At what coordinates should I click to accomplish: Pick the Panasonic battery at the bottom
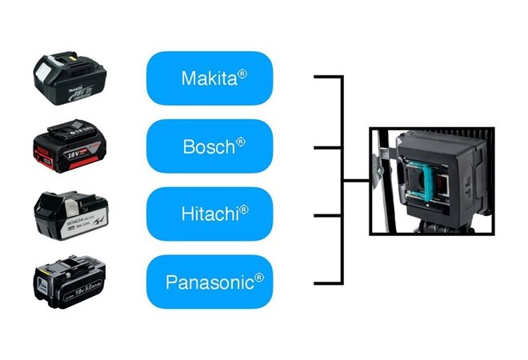coord(70,281)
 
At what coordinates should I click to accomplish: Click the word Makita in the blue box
coord(207,78)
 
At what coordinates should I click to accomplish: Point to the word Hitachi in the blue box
coord(206,214)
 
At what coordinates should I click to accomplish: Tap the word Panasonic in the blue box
coord(209,282)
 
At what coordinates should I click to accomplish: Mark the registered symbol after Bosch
coord(241,142)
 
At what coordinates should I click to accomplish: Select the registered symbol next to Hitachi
coord(244,210)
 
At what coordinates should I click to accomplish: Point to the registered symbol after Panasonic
coord(259,278)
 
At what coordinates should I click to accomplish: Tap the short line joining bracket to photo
coord(356,181)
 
